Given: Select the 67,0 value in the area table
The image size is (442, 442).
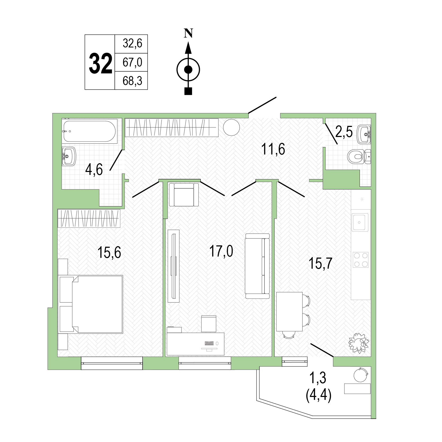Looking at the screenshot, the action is [132, 62].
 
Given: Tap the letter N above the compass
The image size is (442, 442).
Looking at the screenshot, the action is [188, 33].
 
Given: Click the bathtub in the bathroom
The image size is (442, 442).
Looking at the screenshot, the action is [90, 131].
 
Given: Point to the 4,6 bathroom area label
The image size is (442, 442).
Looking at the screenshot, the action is [94, 169].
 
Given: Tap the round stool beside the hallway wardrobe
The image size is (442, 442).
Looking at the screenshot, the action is [231, 127].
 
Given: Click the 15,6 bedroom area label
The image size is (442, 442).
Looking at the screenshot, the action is [109, 252].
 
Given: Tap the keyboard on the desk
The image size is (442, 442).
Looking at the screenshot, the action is [209, 343].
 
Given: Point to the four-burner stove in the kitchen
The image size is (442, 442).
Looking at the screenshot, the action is [361, 260].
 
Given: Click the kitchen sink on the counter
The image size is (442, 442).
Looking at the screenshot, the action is [360, 222].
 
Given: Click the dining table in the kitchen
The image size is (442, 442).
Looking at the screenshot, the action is [289, 312].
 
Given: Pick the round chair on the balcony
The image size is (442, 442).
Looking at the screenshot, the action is [361, 375].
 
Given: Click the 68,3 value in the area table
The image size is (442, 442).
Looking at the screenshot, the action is [132, 81].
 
